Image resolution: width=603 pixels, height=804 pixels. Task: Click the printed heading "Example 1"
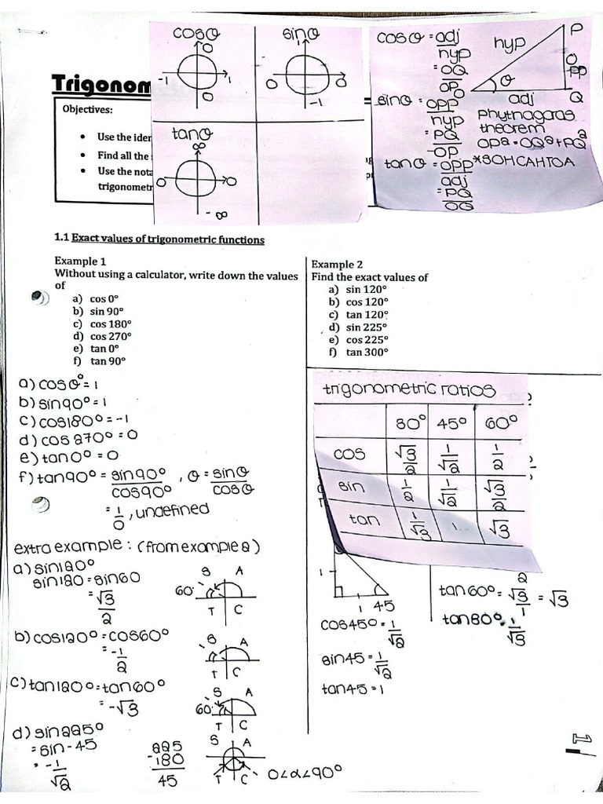coord(80,261)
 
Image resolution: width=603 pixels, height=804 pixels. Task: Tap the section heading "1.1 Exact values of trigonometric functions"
coord(159,239)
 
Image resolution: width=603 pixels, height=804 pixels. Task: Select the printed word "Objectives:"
coord(88,109)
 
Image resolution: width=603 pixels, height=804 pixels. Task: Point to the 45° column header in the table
coord(453,423)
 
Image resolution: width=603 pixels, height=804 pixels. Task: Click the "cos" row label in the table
coord(349,454)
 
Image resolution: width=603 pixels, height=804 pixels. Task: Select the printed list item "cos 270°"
coord(111,336)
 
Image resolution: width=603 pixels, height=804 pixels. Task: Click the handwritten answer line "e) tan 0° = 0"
coord(69,455)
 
